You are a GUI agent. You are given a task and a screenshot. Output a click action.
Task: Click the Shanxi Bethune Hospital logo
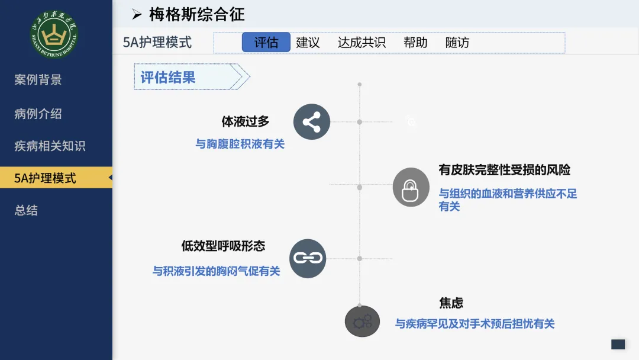[54, 34]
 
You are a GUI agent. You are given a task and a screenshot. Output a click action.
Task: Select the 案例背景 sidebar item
[38, 79]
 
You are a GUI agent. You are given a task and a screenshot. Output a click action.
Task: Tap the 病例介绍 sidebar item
[38, 114]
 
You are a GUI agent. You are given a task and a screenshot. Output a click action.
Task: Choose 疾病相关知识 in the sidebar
[50, 146]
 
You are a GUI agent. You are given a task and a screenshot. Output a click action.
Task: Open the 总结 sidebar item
[26, 210]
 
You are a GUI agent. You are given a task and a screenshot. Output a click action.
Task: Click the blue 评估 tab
[266, 43]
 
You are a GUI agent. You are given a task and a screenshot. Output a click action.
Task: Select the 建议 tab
[308, 43]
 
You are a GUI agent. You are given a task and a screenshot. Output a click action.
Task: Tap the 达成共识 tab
[362, 43]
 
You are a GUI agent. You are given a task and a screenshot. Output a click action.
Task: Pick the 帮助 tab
[415, 43]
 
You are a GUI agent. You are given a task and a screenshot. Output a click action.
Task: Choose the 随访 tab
[457, 43]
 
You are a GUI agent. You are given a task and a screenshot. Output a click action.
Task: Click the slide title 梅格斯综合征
[197, 15]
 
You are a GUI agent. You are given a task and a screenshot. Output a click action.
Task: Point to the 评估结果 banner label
[168, 77]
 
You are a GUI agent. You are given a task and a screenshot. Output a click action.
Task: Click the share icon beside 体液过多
[312, 122]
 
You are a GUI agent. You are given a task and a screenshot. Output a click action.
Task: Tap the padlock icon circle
[411, 187]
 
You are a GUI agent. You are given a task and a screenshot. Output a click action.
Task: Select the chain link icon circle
[308, 259]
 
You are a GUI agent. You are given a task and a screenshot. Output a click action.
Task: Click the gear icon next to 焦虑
[362, 322]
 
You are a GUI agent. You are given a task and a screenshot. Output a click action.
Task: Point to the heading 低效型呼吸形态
[223, 246]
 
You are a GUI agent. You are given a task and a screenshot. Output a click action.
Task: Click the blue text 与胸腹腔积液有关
[240, 144]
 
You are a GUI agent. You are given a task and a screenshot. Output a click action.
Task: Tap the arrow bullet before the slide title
[137, 15]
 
